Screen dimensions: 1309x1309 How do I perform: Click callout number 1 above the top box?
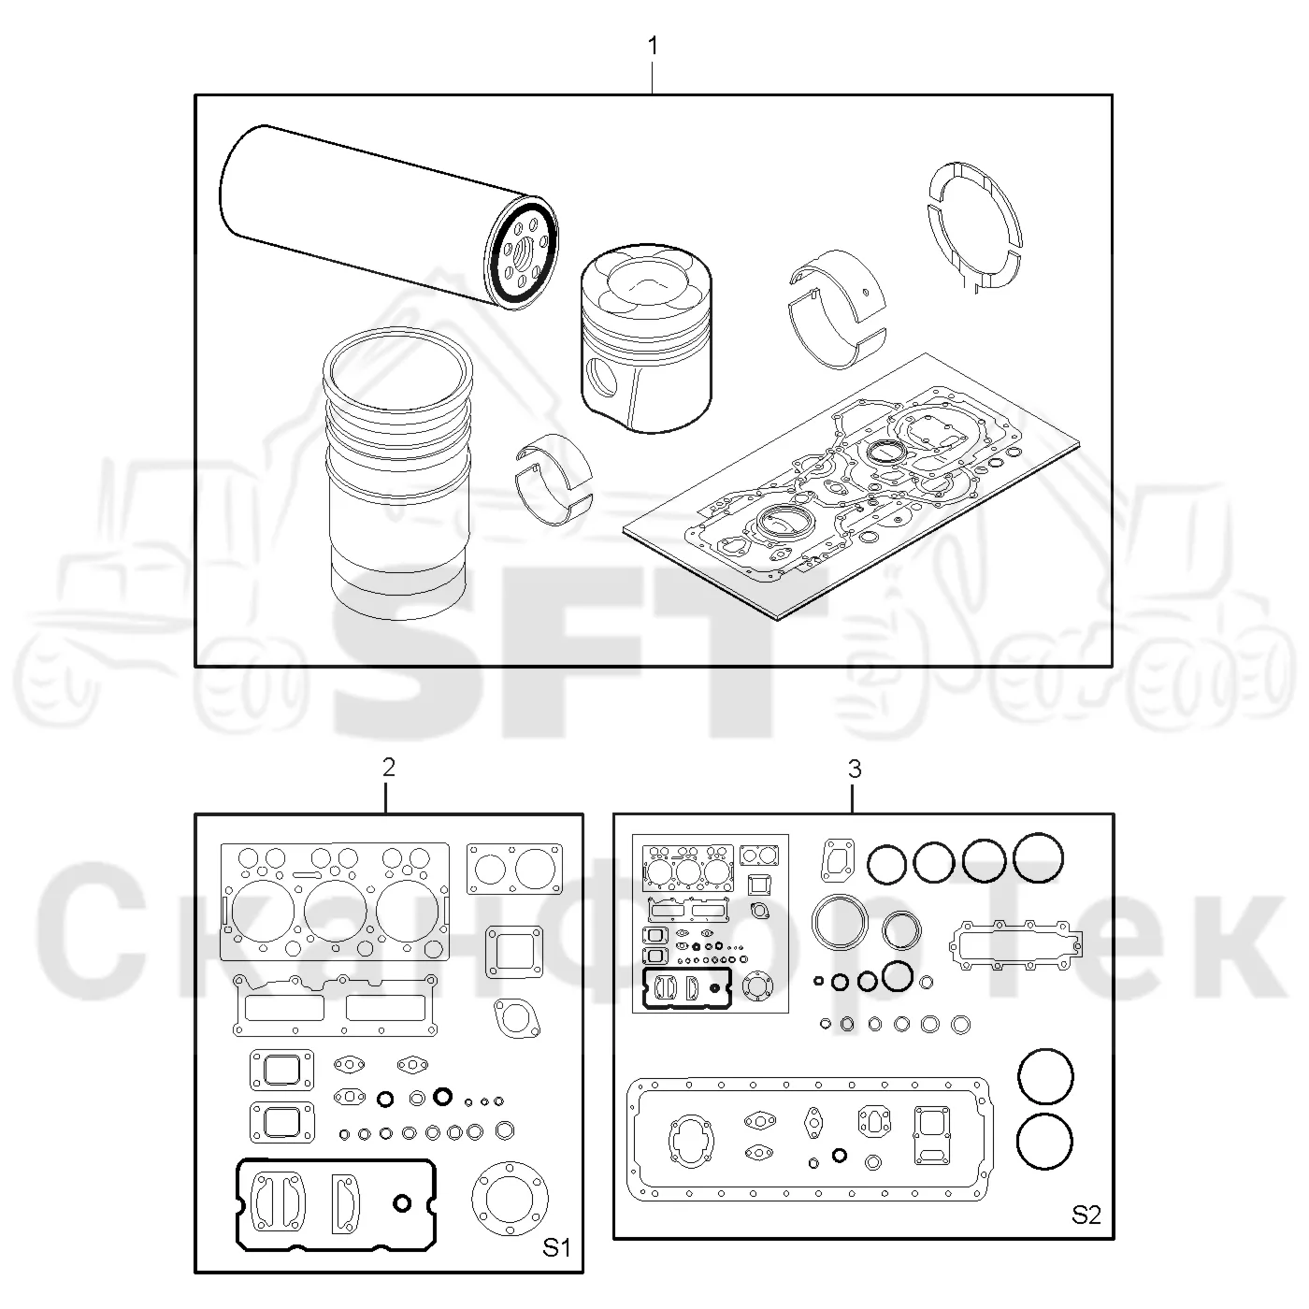tap(653, 46)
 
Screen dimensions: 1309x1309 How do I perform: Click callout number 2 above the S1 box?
tap(389, 768)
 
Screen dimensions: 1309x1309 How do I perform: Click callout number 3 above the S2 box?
tap(855, 769)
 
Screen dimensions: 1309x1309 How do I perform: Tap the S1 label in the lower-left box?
tap(556, 1247)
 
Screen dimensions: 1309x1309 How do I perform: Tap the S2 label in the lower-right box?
tap(1086, 1214)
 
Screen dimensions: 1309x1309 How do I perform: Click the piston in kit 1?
tap(646, 338)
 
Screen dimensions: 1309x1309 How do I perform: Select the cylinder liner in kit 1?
tap(397, 473)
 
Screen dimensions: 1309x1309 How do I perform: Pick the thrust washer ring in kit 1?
tap(975, 224)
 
